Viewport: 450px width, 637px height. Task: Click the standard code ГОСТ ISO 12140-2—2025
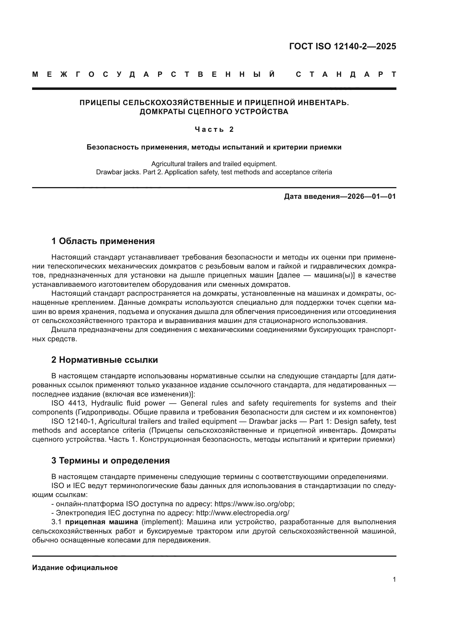pyautogui.click(x=343, y=46)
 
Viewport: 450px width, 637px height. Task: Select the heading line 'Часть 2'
pyautogui.click(x=214, y=129)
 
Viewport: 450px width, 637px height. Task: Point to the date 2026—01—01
pyautogui.click(x=372, y=196)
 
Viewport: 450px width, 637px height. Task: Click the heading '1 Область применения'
pyautogui.click(x=103, y=241)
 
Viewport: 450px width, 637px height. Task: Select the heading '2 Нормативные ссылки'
pyautogui.click(x=104, y=360)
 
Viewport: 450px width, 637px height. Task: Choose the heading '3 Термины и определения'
pyautogui.click(x=110, y=461)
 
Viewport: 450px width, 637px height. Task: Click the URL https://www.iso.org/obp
pyautogui.click(x=254, y=504)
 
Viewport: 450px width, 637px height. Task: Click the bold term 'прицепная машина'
pyautogui.click(x=101, y=522)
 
